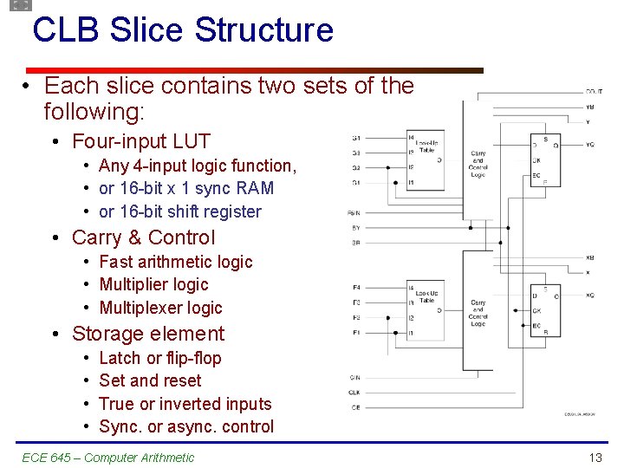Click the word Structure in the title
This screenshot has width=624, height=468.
click(x=264, y=30)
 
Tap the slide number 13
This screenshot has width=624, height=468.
click(x=595, y=458)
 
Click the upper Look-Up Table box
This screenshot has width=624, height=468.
click(x=426, y=159)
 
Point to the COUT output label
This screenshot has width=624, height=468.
click(x=595, y=91)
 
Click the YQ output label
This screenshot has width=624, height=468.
click(x=590, y=145)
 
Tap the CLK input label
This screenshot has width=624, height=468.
click(x=355, y=392)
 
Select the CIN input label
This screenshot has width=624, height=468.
click(x=355, y=377)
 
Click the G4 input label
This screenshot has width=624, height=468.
click(x=356, y=138)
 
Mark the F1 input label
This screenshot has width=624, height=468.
click(x=356, y=332)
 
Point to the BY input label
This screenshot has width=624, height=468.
click(x=355, y=228)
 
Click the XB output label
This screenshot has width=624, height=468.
click(x=590, y=257)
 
